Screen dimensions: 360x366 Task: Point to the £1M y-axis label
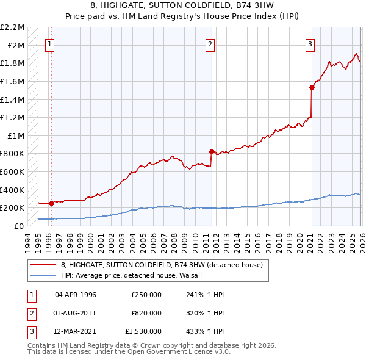pyautogui.click(x=16, y=135)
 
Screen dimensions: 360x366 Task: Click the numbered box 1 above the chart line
pyautogui.click(x=49, y=44)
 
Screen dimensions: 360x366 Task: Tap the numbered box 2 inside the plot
pyautogui.click(x=210, y=44)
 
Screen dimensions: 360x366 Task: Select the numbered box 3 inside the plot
pyautogui.click(x=310, y=44)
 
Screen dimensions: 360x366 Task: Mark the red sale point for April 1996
pyautogui.click(x=51, y=203)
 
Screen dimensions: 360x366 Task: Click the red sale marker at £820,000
pyautogui.click(x=212, y=151)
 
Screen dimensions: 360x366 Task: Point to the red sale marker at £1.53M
pyautogui.click(x=312, y=87)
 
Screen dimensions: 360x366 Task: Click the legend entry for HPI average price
pyautogui.click(x=135, y=275)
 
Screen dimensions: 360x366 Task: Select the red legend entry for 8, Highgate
pyautogui.click(x=161, y=265)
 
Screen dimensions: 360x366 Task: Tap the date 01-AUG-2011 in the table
pyautogui.click(x=76, y=313)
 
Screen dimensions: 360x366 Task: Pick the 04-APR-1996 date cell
pyautogui.click(x=76, y=295)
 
